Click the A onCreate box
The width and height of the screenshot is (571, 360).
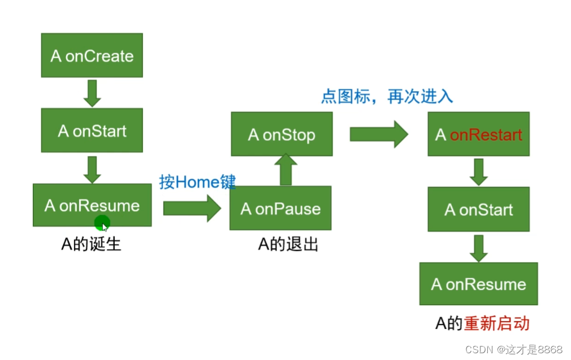92,55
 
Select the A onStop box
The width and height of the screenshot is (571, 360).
282,135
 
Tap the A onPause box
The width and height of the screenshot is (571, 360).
280,209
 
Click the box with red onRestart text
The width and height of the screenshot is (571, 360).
478,135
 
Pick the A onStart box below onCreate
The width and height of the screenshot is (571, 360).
92,131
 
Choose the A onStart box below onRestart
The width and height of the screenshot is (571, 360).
478,210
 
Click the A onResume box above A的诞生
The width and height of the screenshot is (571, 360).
92,205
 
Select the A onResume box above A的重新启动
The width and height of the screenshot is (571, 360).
478,284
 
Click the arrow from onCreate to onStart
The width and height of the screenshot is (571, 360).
92,93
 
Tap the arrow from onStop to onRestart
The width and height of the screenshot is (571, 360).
378,134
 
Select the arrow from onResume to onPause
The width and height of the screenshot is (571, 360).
191,208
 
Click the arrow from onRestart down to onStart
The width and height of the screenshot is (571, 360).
478,172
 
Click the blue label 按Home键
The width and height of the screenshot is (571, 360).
197,182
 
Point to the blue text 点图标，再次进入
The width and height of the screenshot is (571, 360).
387,96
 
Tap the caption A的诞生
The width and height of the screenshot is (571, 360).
91,244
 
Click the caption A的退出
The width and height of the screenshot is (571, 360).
288,244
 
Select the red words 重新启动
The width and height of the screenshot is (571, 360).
496,323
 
